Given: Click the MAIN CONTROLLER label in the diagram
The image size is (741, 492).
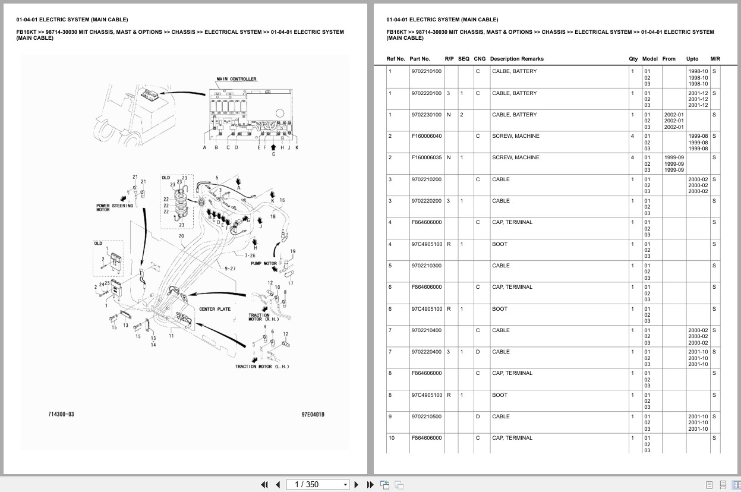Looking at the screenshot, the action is pyautogui.click(x=236, y=79).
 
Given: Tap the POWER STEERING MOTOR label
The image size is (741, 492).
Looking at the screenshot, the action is pyautogui.click(x=115, y=207).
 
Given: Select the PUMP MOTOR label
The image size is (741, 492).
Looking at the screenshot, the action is pyautogui.click(x=264, y=263).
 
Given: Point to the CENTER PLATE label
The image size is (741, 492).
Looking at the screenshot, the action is pyautogui.click(x=215, y=309).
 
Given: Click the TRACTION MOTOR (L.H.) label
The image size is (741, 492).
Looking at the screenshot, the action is pyautogui.click(x=262, y=367).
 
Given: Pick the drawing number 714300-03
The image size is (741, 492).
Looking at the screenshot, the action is pyautogui.click(x=61, y=414).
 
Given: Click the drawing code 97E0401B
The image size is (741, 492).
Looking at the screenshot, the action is pyautogui.click(x=313, y=415).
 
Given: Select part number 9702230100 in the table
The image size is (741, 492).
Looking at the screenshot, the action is pyautogui.click(x=427, y=115).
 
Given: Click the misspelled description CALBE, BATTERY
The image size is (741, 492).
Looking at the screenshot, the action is pyautogui.click(x=515, y=71).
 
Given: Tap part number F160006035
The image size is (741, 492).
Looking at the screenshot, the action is pyautogui.click(x=427, y=157).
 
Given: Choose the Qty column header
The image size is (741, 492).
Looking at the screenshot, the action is pyautogui.click(x=633, y=59).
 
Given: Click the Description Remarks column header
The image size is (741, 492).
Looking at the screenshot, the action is pyautogui.click(x=517, y=59).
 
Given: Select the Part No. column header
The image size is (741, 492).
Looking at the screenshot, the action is pyautogui.click(x=420, y=59).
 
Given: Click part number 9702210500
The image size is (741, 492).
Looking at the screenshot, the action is pyautogui.click(x=427, y=417).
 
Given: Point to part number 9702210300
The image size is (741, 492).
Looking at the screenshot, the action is pyautogui.click(x=427, y=266).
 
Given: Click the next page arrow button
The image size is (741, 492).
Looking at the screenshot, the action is pyautogui.click(x=357, y=485).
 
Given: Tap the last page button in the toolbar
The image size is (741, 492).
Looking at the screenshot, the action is pyautogui.click(x=370, y=485).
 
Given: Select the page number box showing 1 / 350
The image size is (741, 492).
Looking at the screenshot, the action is pyautogui.click(x=317, y=485).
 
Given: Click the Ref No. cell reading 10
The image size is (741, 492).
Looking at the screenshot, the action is pyautogui.click(x=392, y=438).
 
